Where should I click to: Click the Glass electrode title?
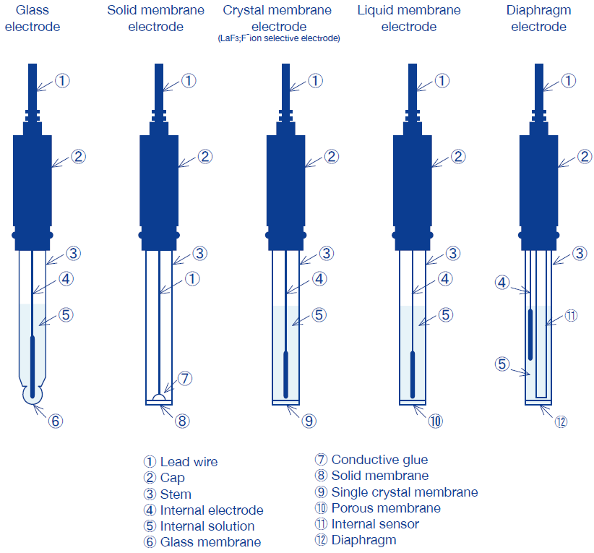point(33,19)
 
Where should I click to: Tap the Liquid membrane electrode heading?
point(409,19)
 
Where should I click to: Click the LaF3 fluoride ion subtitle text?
point(278,38)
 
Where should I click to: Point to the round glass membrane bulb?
point(33,393)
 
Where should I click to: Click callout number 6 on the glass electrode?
point(55,420)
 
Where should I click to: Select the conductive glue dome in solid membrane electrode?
point(159,397)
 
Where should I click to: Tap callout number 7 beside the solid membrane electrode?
point(185,378)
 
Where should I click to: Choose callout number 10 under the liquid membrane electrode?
point(435,420)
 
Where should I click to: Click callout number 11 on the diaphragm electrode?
point(571,316)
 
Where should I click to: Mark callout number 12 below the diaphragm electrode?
point(561,420)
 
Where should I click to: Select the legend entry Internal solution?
point(199,526)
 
